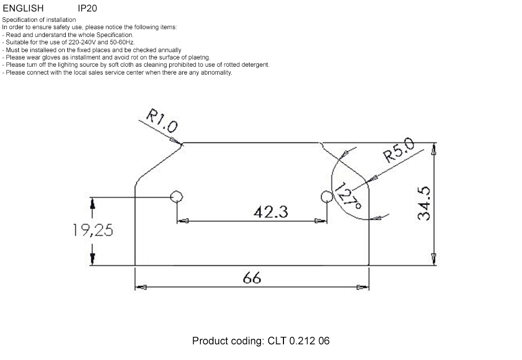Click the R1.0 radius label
click(x=162, y=121)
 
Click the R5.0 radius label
click(x=399, y=150)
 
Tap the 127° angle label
click(x=348, y=196)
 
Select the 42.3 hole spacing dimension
click(x=270, y=212)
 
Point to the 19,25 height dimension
click(x=93, y=230)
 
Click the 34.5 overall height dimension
click(x=424, y=203)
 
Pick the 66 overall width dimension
click(x=252, y=278)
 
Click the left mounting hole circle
click(x=176, y=197)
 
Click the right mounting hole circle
click(x=327, y=197)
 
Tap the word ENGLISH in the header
click(x=23, y=8)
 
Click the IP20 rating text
click(x=87, y=8)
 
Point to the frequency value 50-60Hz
click(x=122, y=42)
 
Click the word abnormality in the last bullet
click(x=217, y=73)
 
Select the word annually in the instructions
click(x=170, y=50)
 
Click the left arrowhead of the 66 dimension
click(x=140, y=287)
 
